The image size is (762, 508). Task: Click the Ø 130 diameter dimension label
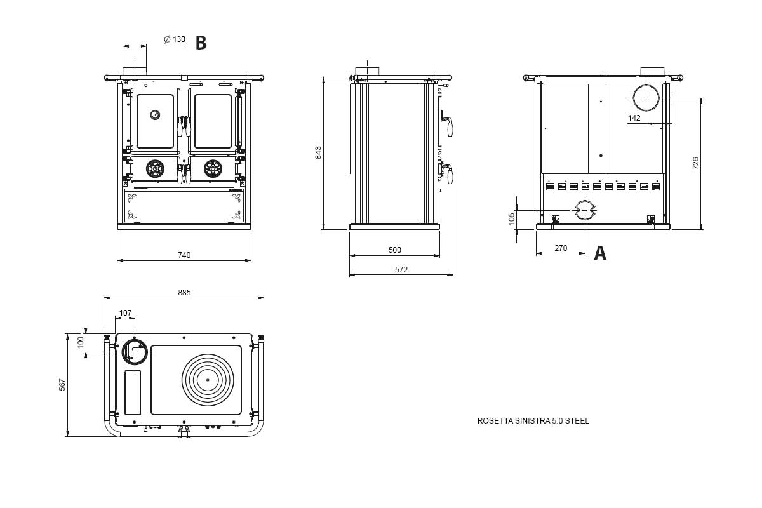click(x=175, y=39)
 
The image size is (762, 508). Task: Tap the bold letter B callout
click(x=201, y=43)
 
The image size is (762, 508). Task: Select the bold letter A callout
click(x=599, y=253)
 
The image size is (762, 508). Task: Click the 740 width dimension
click(x=184, y=255)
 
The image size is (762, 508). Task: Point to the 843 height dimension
click(x=319, y=153)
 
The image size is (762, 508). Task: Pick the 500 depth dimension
click(x=394, y=250)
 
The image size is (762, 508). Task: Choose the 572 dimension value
click(x=401, y=270)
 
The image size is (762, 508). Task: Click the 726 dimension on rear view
click(x=695, y=163)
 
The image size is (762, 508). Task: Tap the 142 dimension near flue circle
click(x=634, y=118)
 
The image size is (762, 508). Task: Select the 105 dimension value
click(x=512, y=219)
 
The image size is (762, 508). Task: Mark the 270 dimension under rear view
click(x=561, y=248)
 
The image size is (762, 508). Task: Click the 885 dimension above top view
click(x=184, y=293)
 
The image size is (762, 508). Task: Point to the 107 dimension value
click(x=125, y=312)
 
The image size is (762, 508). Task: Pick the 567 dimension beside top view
click(x=62, y=385)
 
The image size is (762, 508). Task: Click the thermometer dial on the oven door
click(x=155, y=114)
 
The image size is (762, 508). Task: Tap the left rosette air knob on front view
click(x=155, y=168)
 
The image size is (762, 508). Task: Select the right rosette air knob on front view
click(x=213, y=168)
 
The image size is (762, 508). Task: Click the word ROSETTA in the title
click(x=495, y=421)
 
